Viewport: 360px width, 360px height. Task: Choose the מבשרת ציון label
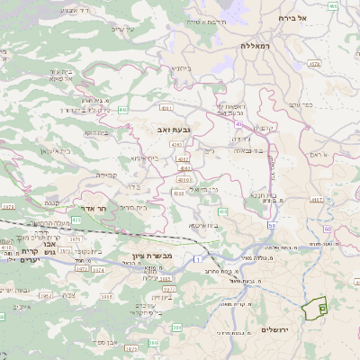click(x=143, y=243)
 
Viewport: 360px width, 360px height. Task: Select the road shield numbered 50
click(x=272, y=225)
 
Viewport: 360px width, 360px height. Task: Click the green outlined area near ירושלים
click(x=316, y=309)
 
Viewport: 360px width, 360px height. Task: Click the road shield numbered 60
click(x=328, y=230)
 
